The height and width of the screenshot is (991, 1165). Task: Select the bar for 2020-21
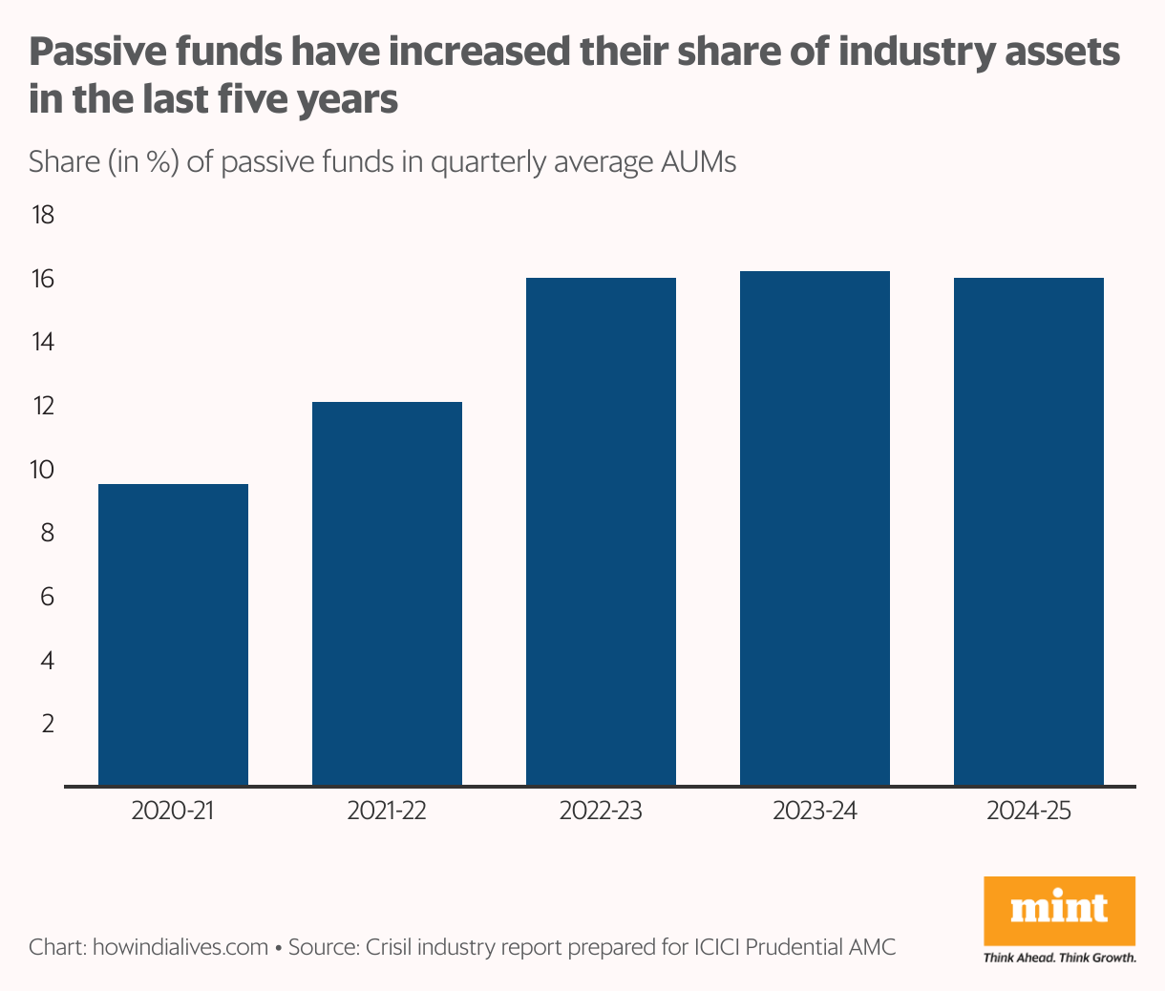tap(173, 635)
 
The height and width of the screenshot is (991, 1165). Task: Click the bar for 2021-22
tap(387, 594)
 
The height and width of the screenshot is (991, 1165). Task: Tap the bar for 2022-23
tap(601, 532)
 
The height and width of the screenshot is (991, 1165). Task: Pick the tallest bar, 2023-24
tap(815, 528)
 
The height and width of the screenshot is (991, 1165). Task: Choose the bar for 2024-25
tap(1028, 532)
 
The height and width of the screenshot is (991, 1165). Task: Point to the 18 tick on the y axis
tap(44, 216)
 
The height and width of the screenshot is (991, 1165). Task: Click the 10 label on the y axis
tap(44, 470)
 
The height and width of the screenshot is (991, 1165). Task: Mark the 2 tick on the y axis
tap(46, 724)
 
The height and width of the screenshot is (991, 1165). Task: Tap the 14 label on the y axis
tap(44, 343)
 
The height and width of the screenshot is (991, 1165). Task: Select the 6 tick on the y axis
tap(46, 597)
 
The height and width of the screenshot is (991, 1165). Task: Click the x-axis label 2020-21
tap(173, 812)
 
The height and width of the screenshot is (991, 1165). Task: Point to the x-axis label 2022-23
tap(601, 812)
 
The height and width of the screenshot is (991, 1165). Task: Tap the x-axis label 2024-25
tap(1028, 812)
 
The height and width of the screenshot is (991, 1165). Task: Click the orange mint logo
tap(1059, 910)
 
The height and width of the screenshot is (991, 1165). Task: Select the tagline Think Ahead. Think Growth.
tap(1059, 958)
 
